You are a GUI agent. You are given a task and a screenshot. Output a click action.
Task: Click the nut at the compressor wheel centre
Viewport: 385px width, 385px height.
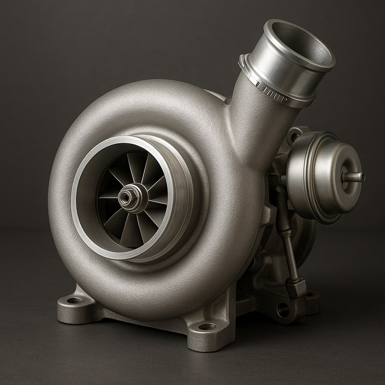tap(124, 196)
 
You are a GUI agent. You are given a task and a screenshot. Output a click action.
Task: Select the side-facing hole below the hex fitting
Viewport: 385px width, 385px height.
tap(283, 309)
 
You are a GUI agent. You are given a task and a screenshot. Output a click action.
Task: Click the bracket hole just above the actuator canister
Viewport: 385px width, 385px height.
tap(295, 136)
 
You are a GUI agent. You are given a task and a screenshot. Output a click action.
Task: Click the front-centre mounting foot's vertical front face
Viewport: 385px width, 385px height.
tap(207, 340)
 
